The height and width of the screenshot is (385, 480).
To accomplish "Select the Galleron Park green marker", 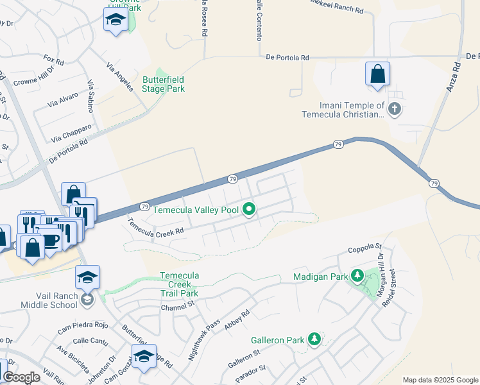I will point(314,339).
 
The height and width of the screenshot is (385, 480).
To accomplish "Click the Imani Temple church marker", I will point(395,109).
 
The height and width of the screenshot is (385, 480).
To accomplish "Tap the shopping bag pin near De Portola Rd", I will point(377,74).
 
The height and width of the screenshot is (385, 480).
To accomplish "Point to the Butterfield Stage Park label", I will point(164,85).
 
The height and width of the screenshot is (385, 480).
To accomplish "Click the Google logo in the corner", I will point(22,377).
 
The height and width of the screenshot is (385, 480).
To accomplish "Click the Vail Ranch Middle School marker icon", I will point(87,299).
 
